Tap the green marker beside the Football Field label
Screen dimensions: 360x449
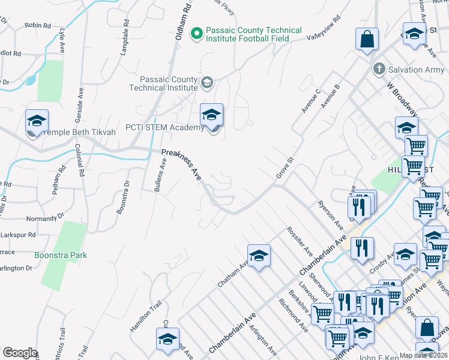pos(196,34)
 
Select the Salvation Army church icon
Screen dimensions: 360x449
pos(379,70)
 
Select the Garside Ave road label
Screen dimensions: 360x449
pos(80,103)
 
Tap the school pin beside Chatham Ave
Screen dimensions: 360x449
pos(259,256)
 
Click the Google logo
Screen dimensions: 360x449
pos(20,353)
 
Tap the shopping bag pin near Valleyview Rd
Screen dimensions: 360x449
pos(367,40)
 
